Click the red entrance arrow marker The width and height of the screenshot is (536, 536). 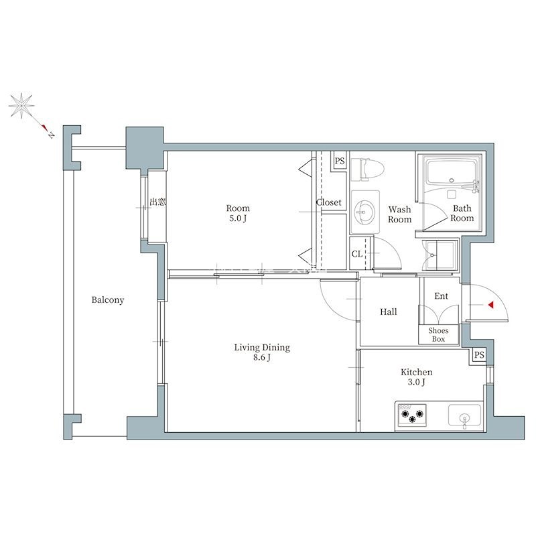coord(491,305)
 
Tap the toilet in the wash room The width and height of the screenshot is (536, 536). coord(367,170)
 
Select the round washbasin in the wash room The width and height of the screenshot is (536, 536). coord(364,212)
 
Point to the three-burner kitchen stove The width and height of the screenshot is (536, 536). coord(411,415)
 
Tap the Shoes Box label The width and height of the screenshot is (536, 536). coord(438,335)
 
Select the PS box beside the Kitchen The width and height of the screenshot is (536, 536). coord(479,355)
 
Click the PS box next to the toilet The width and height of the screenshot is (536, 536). coord(340,161)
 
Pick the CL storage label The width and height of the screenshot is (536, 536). coord(357,254)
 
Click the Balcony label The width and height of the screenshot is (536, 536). coord(108,300)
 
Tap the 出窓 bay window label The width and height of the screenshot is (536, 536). coord(157,202)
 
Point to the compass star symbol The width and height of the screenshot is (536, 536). coord(21,106)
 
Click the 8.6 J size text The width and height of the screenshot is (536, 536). coord(262,358)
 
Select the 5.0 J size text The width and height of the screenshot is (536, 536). coord(238,218)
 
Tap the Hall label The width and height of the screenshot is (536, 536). coord(389,312)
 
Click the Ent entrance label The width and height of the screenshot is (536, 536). coord(441,296)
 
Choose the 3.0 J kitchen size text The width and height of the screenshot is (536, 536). coord(416,382)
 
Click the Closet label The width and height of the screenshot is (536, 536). coord(328,202)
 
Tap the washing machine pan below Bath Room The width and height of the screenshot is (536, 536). coord(440,256)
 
